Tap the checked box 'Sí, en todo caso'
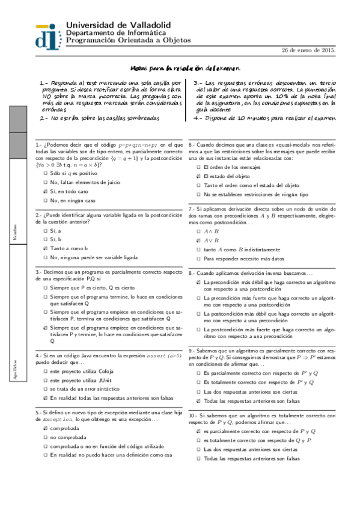click(x=45, y=191)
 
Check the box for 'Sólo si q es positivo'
click(x=45, y=173)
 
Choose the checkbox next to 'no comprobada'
click(x=45, y=438)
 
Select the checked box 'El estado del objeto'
click(x=198, y=176)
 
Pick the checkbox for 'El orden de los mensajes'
click(x=198, y=167)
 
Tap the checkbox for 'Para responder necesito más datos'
click(x=198, y=259)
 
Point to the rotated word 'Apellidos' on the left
click(x=16, y=351)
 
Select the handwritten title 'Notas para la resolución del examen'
click(x=185, y=69)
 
